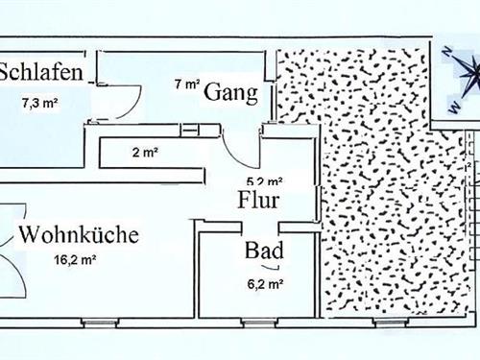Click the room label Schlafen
39,73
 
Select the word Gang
231,92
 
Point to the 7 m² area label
186,84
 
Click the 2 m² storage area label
144,152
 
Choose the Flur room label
258,201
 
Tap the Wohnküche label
79,234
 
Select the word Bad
263,252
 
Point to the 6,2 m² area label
263,283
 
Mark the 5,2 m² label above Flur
264,180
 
